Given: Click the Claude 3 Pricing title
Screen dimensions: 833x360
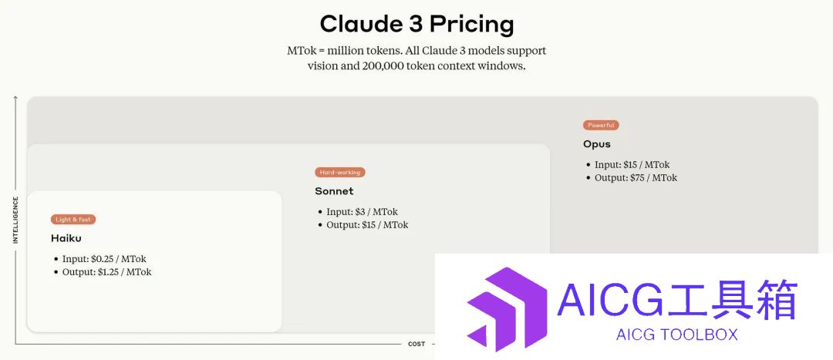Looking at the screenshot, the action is pos(417,25).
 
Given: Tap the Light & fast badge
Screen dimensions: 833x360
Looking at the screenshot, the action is pos(73,219).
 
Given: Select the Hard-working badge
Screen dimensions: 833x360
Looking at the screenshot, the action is pos(340,172).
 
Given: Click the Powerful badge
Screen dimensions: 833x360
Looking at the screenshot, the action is pos(601,126).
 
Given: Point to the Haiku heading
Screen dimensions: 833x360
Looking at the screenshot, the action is pos(66,238).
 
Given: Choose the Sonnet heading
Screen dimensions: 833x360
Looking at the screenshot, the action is pos(334,191).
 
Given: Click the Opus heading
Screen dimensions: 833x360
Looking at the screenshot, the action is pos(597,144).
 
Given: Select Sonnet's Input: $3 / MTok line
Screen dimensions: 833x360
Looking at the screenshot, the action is pos(363,212).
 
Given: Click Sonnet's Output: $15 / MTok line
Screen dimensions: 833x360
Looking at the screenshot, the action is pos(368,224).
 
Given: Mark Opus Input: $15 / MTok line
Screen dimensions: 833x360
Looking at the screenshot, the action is pos(632,165).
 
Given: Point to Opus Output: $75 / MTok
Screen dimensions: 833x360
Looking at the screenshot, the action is pos(636,177).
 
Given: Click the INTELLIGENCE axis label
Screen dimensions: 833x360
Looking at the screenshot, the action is pos(15,220).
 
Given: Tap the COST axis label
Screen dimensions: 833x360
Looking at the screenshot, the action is pos(416,344).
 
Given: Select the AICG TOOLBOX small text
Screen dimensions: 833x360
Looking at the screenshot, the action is pos(677,335).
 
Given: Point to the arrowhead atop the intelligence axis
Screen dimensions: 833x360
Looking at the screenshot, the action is pos(15,98).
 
